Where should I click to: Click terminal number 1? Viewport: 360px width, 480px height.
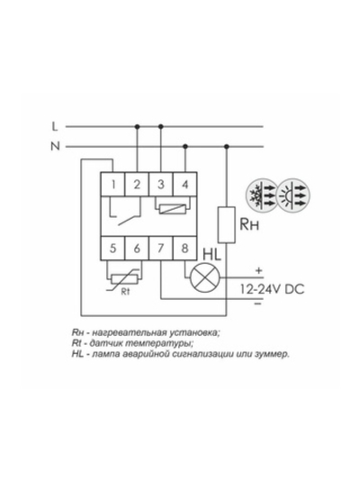pyautogui.click(x=112, y=185)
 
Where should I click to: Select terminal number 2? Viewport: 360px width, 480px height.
pyautogui.click(x=137, y=185)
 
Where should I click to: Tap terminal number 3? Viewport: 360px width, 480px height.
pyautogui.click(x=161, y=185)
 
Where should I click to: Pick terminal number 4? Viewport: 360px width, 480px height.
pyautogui.click(x=184, y=185)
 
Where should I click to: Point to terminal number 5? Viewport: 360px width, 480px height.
pyautogui.click(x=112, y=248)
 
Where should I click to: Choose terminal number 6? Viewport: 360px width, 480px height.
pyautogui.click(x=137, y=248)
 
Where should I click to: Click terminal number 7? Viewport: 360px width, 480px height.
pyautogui.click(x=161, y=248)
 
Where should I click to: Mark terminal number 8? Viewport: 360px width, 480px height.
pyautogui.click(x=184, y=248)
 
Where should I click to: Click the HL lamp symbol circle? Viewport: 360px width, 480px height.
pyautogui.click(x=205, y=277)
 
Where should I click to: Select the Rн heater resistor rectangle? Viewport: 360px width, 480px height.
pyautogui.click(x=226, y=225)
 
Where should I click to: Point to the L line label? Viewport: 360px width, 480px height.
pyautogui.click(x=54, y=126)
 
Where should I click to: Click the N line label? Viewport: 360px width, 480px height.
pyautogui.click(x=55, y=147)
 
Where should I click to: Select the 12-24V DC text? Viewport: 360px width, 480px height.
pyautogui.click(x=272, y=289)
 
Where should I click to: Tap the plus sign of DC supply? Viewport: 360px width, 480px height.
pyautogui.click(x=259, y=270)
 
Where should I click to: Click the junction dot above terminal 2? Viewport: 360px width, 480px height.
pyautogui.click(x=138, y=126)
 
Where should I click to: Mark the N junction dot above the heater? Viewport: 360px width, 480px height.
pyautogui.click(x=226, y=147)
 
